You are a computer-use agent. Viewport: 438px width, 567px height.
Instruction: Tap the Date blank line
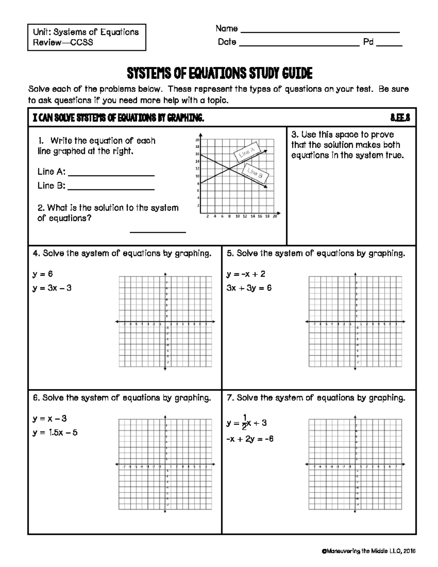click(x=299, y=46)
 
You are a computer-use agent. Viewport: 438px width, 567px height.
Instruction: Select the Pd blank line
click(x=389, y=46)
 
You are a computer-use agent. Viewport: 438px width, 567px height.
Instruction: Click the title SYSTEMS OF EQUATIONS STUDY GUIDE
click(x=219, y=74)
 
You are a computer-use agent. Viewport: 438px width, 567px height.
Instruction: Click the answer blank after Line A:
click(x=111, y=175)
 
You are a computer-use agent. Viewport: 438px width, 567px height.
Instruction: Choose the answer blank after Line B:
click(x=111, y=189)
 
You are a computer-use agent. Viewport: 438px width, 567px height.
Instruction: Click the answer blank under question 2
click(x=158, y=231)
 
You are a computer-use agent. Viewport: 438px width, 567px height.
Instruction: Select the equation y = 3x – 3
click(x=52, y=288)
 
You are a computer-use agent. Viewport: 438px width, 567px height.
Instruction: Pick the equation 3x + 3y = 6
click(x=249, y=288)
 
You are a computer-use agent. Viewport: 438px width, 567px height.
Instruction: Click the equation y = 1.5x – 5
click(x=55, y=433)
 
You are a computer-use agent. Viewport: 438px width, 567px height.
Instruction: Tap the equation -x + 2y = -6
click(x=250, y=439)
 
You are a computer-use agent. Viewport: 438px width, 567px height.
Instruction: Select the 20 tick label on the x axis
click(x=275, y=217)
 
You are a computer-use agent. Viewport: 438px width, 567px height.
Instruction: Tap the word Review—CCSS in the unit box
click(x=63, y=42)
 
